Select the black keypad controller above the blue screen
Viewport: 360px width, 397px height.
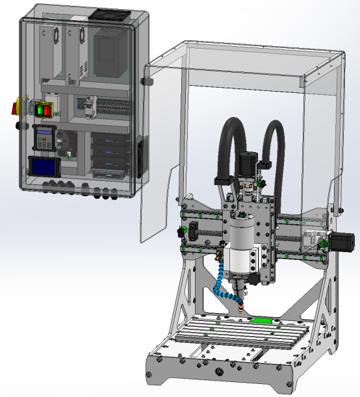coord(44,137)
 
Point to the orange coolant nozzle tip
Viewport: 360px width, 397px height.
coord(243,305)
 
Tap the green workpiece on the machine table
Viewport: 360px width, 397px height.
coord(261,320)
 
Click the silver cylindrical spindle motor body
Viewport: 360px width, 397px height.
coord(241,247)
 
